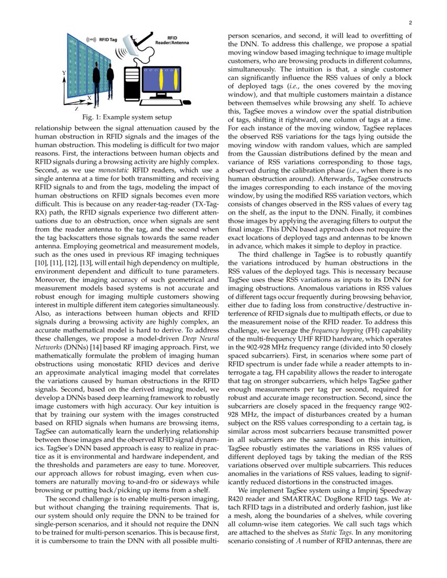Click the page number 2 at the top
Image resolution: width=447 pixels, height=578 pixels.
click(409, 23)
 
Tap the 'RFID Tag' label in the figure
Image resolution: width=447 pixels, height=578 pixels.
click(109, 39)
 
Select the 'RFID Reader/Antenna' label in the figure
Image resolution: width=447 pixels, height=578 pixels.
click(171, 40)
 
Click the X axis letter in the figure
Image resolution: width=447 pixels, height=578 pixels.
click(89, 98)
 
